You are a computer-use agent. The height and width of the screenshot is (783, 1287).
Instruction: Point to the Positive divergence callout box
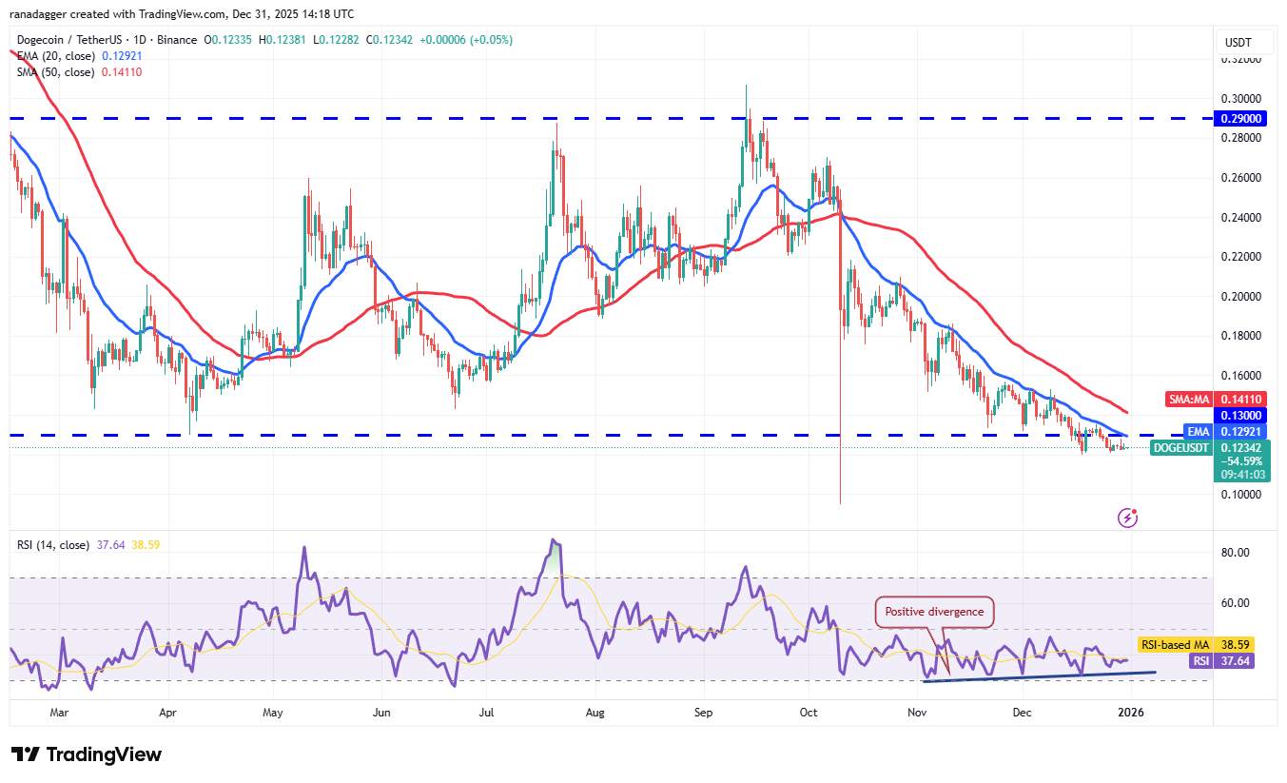pos(934,612)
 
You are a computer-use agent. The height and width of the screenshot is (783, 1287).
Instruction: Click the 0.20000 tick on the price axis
pos(1246,297)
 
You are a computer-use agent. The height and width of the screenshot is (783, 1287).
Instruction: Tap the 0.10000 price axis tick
pos(1246,495)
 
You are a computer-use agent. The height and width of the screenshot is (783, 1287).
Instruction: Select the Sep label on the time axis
pos(704,712)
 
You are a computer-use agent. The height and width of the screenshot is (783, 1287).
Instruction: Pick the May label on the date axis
pos(273,712)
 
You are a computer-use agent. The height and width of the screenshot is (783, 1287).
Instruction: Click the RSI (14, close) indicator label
pos(53,545)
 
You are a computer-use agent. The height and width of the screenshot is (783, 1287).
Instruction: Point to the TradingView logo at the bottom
pos(87,754)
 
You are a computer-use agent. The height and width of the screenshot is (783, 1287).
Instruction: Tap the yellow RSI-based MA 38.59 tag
pos(1193,644)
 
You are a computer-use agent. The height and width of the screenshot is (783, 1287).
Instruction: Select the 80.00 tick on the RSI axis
pos(1246,553)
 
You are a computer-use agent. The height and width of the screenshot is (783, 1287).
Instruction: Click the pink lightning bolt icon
pos(1128,518)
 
